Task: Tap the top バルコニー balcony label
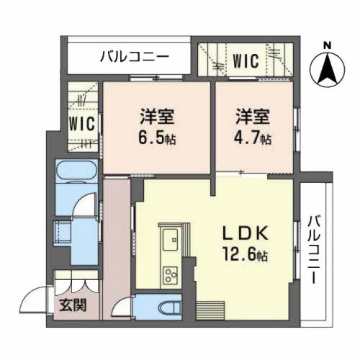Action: click(134, 55)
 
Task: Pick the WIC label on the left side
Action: click(82, 122)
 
